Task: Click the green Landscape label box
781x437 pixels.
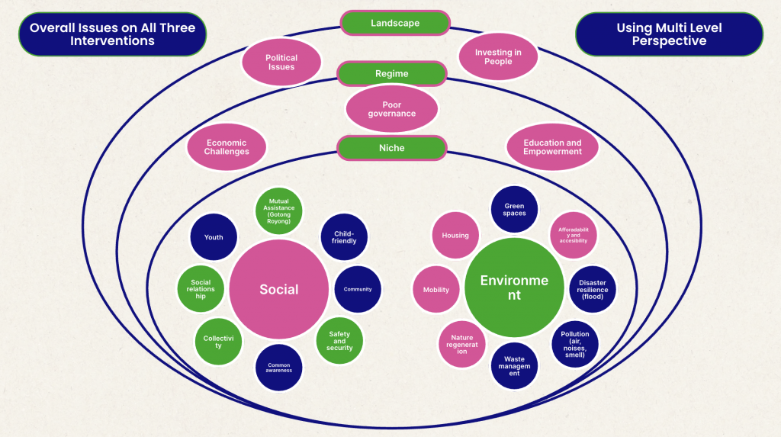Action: click(395, 23)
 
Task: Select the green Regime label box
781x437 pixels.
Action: click(391, 74)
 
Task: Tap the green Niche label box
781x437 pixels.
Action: click(391, 148)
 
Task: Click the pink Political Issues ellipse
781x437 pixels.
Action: click(281, 62)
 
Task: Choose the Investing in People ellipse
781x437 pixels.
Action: click(498, 56)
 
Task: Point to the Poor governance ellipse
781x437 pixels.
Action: click(391, 109)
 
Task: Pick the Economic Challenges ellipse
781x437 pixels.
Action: click(227, 146)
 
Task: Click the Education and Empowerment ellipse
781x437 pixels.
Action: click(552, 146)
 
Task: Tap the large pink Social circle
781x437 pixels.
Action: click(279, 289)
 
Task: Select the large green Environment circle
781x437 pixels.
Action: click(514, 287)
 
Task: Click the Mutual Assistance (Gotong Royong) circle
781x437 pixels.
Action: click(278, 210)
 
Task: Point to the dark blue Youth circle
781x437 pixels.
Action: click(214, 237)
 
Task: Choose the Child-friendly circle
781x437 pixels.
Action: click(345, 237)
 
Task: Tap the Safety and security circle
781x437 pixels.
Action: click(339, 341)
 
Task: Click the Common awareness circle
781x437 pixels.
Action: click(279, 368)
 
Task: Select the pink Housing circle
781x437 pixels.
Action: click(455, 236)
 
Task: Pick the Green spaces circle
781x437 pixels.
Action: click(514, 210)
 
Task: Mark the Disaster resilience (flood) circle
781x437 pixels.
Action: click(592, 289)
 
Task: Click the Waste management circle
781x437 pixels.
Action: click(514, 367)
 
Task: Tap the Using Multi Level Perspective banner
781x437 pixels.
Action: click(669, 34)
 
